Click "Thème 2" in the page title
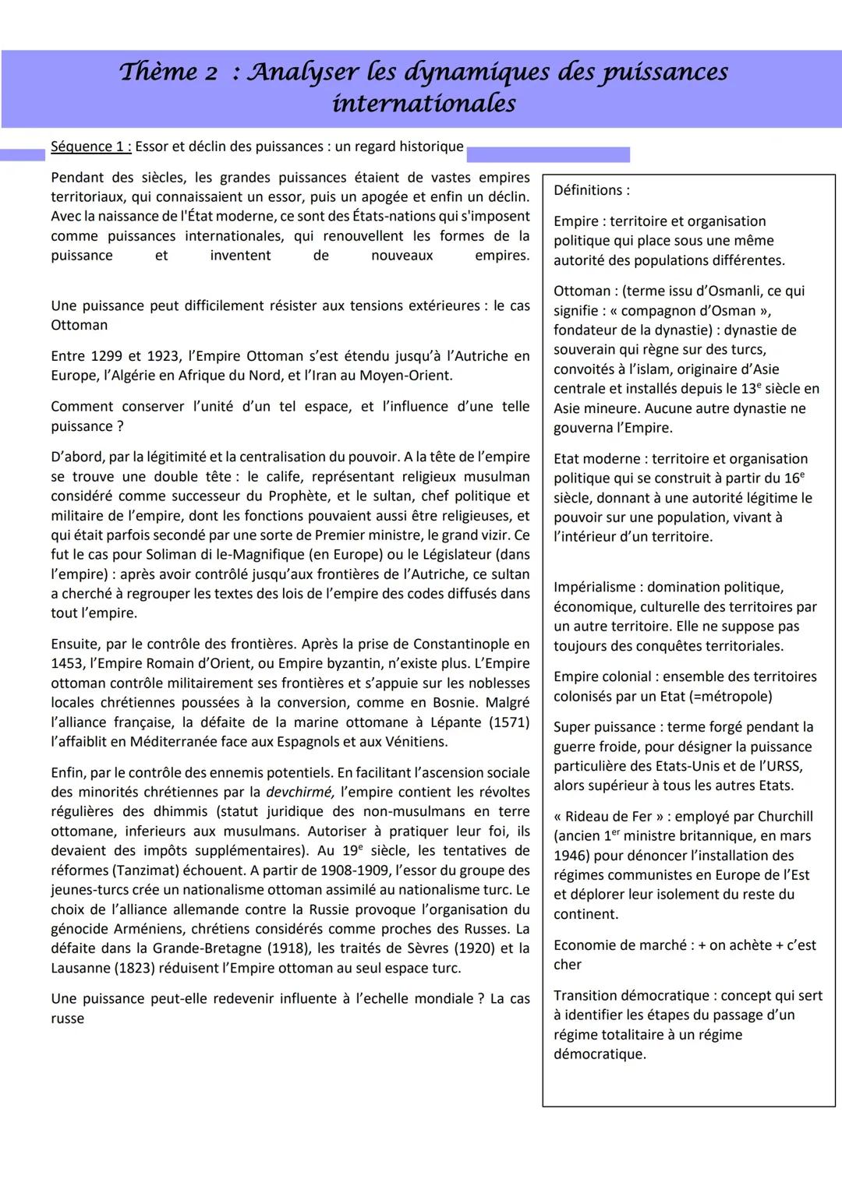coord(168,72)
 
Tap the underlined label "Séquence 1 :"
coord(90,147)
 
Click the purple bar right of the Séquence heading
coord(547,154)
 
